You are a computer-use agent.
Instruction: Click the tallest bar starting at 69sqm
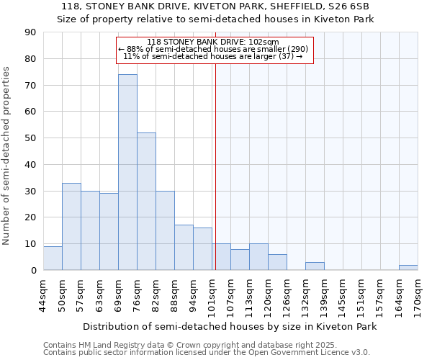point(127,172)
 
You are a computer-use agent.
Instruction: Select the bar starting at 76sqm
point(146,201)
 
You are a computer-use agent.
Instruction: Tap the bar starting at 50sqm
point(71,226)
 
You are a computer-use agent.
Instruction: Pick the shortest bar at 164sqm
point(408,267)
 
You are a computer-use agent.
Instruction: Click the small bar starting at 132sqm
point(315,266)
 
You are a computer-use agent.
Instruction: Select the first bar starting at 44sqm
point(53,258)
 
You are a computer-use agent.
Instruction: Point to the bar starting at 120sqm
point(277,262)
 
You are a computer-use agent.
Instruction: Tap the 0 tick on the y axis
point(33,271)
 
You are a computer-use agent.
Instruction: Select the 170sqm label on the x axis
point(418,294)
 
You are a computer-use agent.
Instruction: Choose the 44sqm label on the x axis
point(43,294)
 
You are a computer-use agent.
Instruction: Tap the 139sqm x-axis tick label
point(324,294)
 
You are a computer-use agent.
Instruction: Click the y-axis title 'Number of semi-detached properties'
point(6,156)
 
